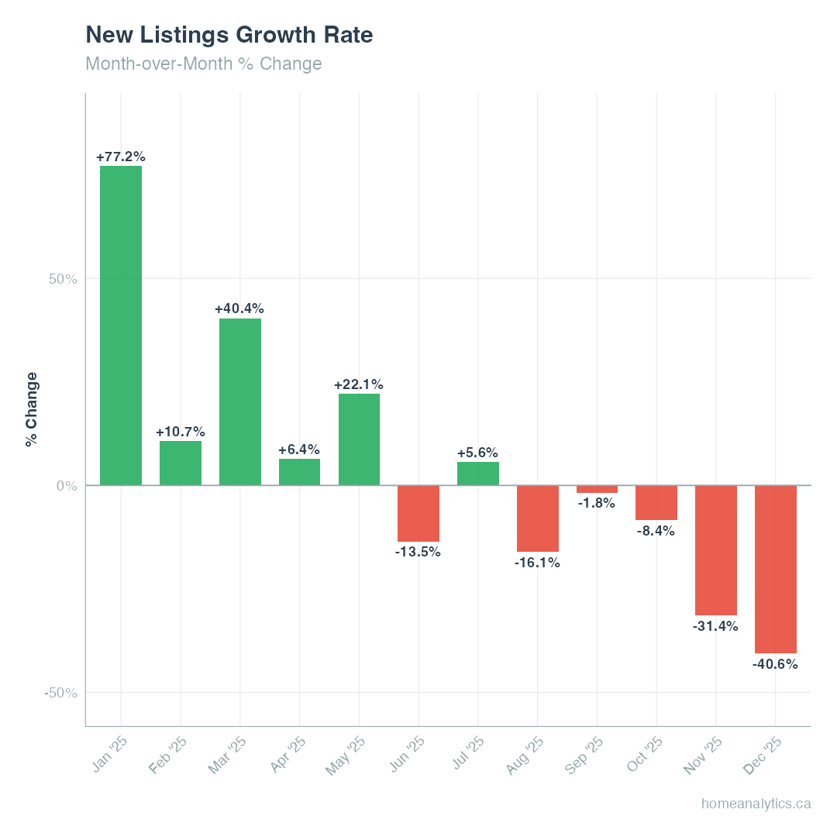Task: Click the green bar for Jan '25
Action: tap(121, 325)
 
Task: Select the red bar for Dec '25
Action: tap(776, 569)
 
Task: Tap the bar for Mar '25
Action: tap(240, 401)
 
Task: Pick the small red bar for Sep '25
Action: tap(597, 489)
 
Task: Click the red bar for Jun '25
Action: tap(418, 513)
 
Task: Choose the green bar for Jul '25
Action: tap(478, 474)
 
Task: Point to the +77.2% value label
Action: tap(121, 157)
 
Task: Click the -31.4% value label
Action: tap(715, 626)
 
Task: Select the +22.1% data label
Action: tap(359, 384)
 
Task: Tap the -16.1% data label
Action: tap(537, 563)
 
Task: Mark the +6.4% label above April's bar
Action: tap(299, 449)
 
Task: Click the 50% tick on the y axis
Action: tap(63, 279)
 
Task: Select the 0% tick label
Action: tap(67, 486)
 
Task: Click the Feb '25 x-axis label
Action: tap(168, 755)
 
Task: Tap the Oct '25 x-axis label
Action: tap(644, 755)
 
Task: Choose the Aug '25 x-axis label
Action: tap(525, 756)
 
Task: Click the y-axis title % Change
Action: tap(31, 409)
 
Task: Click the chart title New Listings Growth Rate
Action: tap(229, 35)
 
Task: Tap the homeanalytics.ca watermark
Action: tap(756, 804)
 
